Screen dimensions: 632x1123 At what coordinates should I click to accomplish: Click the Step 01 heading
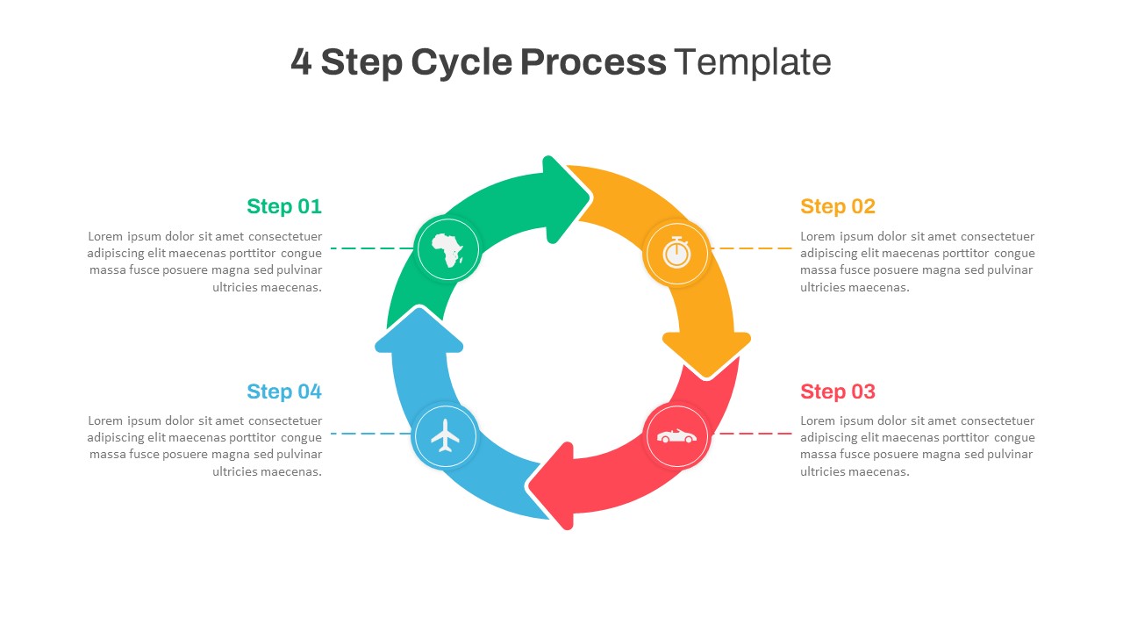[x=284, y=206]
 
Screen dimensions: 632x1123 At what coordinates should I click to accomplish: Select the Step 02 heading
[x=838, y=206]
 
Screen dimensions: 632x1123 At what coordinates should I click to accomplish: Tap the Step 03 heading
[x=838, y=391]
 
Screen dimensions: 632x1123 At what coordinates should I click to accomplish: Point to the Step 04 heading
[x=284, y=391]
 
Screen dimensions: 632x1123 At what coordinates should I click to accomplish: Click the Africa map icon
[x=448, y=249]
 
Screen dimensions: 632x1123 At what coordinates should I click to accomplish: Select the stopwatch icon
[x=676, y=252]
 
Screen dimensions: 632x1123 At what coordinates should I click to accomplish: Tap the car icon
[x=676, y=436]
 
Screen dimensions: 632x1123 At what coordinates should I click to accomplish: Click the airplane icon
[x=446, y=435]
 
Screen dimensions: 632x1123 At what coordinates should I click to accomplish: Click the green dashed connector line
[x=371, y=248]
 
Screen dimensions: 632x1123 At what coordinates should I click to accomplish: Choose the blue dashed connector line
[x=370, y=434]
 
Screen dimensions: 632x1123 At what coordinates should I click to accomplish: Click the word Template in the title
[x=753, y=62]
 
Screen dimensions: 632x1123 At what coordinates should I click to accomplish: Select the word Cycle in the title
[x=461, y=62]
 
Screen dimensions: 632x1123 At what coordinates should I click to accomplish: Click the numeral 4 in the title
[x=301, y=62]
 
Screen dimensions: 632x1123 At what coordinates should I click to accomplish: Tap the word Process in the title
[x=593, y=62]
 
